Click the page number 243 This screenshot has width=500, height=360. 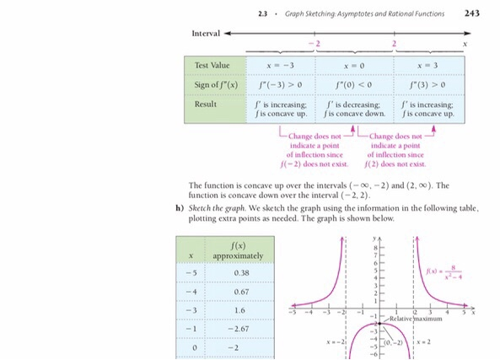click(x=472, y=13)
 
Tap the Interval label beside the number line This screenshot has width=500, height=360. click(x=207, y=33)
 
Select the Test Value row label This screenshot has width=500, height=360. click(x=212, y=66)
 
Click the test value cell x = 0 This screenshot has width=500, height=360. click(x=353, y=66)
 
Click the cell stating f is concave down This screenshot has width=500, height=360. click(x=353, y=113)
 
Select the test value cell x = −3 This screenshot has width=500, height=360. click(x=279, y=66)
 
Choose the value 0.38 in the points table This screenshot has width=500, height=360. click(x=244, y=273)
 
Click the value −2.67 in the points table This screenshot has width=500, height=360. click(x=244, y=329)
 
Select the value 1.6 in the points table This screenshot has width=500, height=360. click(x=244, y=310)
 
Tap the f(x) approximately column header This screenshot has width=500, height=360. click(x=244, y=250)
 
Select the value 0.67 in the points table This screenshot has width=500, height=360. click(x=244, y=292)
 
